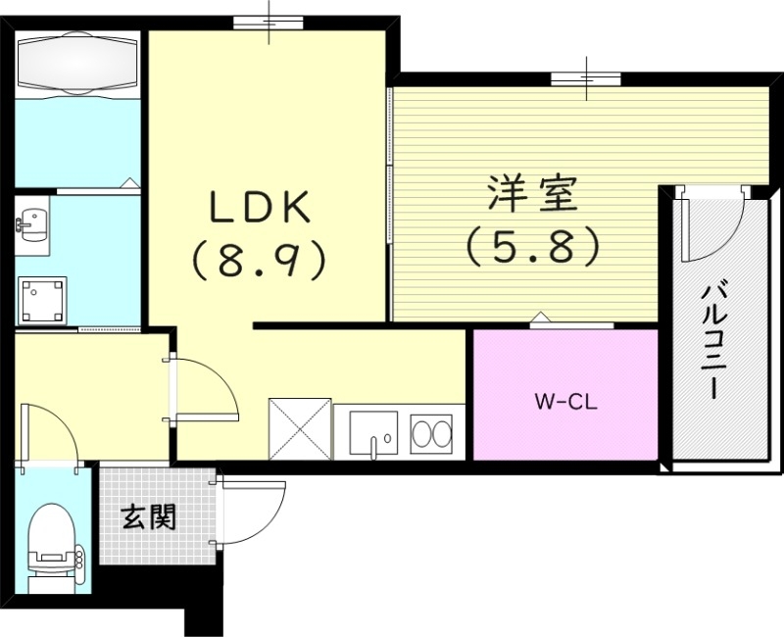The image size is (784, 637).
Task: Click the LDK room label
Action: [x=259, y=207]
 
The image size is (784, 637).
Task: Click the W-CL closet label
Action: [x=565, y=400]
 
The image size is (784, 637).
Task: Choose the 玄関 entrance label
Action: [x=149, y=518]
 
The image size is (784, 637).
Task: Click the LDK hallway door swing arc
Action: [x=208, y=388]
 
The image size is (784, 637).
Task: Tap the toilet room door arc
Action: [x=51, y=431]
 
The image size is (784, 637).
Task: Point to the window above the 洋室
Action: [x=585, y=78]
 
